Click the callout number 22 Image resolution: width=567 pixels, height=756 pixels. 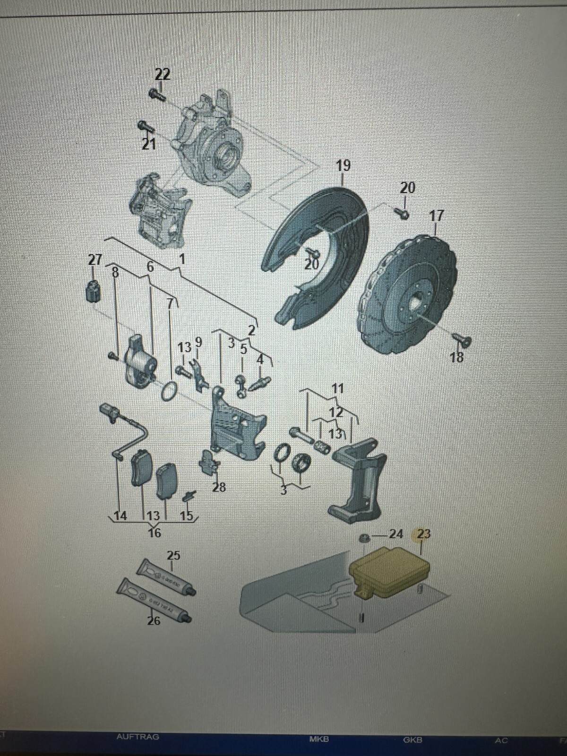pos(163,74)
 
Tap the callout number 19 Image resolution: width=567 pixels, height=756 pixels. pos(344,166)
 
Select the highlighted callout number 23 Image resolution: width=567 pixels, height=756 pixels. pos(423,534)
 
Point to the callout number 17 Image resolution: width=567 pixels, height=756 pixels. pos(436,216)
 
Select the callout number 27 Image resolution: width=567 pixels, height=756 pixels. pos(95,259)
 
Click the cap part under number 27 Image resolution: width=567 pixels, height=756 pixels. pos(94,290)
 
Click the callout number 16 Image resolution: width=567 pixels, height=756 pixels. pos(154,533)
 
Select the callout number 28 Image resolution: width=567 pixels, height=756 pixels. pos(219,487)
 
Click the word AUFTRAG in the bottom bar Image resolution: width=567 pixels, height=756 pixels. pos(137,737)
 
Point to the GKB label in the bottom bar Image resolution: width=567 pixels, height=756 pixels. pos(412,740)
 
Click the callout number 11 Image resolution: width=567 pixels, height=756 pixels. pos(337,389)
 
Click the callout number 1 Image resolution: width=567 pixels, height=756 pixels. pos(181,259)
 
